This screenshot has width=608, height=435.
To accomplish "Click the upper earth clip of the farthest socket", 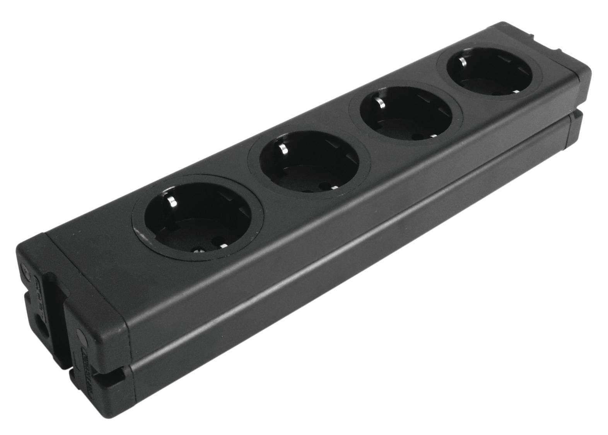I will coord(461,61).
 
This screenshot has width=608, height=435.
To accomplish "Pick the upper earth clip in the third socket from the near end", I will coord(380,102).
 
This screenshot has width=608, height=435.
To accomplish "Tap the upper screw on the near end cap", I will coord(25,271).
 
